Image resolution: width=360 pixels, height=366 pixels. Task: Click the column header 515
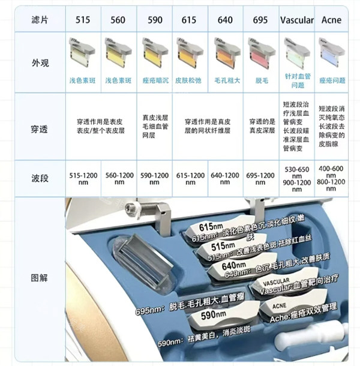[x=83, y=20]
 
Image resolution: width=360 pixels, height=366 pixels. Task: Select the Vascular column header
[x=296, y=20]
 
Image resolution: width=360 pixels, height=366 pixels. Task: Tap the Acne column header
[x=332, y=20]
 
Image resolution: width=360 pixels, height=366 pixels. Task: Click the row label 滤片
[x=40, y=20]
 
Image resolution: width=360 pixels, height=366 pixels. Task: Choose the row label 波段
[x=40, y=178]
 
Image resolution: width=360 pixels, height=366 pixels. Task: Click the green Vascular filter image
[x=296, y=53]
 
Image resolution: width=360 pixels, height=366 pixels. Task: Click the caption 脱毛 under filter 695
[x=260, y=79]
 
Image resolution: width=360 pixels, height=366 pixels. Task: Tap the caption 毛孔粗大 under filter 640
[x=225, y=79]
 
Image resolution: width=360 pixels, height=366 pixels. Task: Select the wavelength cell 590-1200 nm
[x=154, y=178]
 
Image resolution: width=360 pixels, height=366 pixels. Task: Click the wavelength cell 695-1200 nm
[x=260, y=178]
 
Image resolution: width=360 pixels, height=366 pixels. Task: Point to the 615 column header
[x=190, y=20]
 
